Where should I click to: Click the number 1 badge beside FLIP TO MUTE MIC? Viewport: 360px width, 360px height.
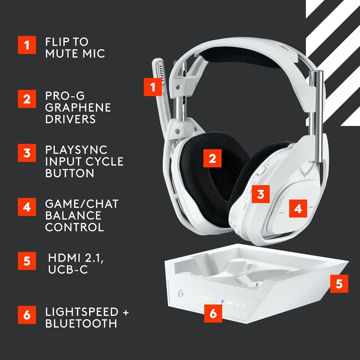click(x=27, y=45)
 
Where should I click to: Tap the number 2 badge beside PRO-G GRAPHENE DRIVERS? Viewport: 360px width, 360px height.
click(x=27, y=99)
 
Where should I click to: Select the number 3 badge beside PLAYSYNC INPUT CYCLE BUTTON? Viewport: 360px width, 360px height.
click(x=27, y=153)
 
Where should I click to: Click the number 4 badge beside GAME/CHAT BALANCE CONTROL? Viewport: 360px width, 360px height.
click(x=27, y=207)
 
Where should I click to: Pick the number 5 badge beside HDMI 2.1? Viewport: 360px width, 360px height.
click(x=27, y=261)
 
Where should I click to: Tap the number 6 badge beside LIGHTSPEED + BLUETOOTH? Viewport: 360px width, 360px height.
click(x=27, y=315)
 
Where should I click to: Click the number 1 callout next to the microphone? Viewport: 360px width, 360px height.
click(x=153, y=87)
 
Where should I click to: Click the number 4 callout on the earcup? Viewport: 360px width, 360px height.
click(x=298, y=208)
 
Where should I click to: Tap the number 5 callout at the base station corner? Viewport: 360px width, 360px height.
click(x=339, y=283)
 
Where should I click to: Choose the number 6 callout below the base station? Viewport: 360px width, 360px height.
click(x=213, y=313)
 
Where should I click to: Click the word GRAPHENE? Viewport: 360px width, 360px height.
click(x=78, y=107)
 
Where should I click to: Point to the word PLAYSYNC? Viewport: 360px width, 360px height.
click(x=76, y=150)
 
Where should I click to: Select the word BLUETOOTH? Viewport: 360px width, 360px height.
click(x=81, y=324)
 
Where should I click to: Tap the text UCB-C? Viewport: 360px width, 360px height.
click(x=68, y=269)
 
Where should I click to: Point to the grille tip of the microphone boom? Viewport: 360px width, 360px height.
click(x=161, y=72)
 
